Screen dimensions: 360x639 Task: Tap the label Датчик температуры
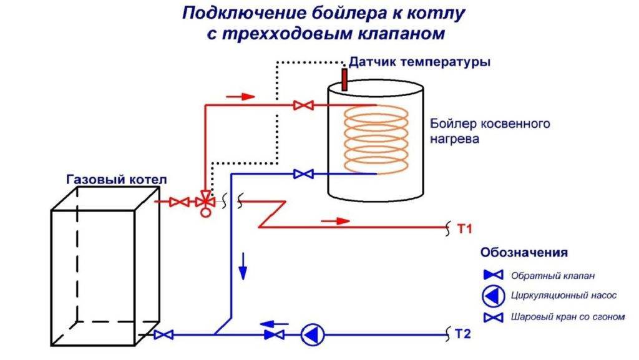point(419,62)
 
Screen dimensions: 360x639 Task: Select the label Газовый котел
point(116,180)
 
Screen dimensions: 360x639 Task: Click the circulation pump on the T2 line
point(310,335)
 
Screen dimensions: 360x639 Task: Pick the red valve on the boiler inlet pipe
point(304,107)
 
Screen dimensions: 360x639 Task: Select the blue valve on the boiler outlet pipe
point(304,174)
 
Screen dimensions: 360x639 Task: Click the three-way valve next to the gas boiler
point(204,203)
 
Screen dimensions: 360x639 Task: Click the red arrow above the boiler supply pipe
point(240,97)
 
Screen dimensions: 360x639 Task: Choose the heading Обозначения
point(524,253)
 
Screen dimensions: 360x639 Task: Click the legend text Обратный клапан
point(549,275)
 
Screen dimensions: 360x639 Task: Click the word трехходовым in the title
point(283,33)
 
